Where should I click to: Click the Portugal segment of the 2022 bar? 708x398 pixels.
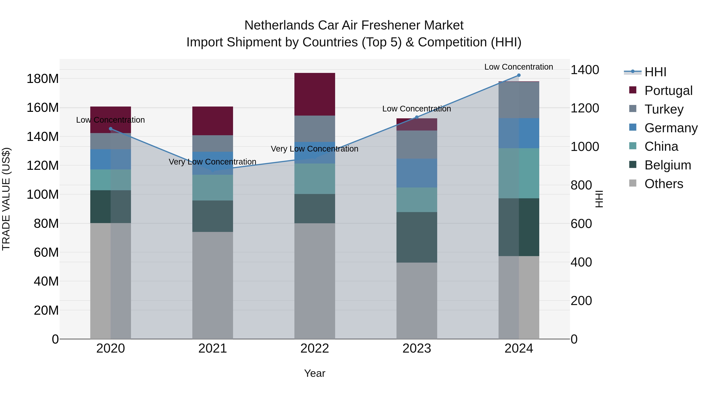pyautogui.click(x=314, y=94)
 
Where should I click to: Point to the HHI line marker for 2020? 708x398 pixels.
pyautogui.click(x=111, y=129)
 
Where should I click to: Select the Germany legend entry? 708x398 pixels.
pyautogui.click(x=671, y=128)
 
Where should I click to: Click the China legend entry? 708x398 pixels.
pyautogui.click(x=661, y=146)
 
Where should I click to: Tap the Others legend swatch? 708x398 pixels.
pyautogui.click(x=632, y=183)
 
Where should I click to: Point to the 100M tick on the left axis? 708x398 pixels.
pyautogui.click(x=43, y=194)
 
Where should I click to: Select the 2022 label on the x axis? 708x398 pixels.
pyautogui.click(x=314, y=348)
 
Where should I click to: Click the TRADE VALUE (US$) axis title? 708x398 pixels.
pyautogui.click(x=6, y=199)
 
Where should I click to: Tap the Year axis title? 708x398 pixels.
pyautogui.click(x=314, y=373)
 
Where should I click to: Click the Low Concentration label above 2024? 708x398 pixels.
pyautogui.click(x=518, y=67)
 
